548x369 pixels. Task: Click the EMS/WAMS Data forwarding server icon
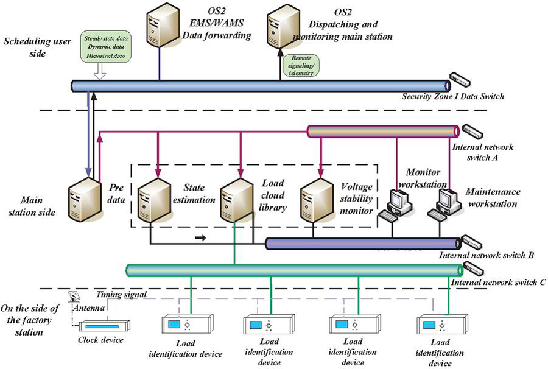(160, 25)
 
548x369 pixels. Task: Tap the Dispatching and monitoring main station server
(281, 25)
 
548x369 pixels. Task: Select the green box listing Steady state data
(106, 47)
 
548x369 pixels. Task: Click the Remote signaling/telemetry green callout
(301, 65)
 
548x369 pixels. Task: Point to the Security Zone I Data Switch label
(452, 96)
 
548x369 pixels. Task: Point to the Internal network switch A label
(482, 152)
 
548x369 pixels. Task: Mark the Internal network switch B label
(487, 255)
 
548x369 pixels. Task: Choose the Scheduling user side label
(33, 47)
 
